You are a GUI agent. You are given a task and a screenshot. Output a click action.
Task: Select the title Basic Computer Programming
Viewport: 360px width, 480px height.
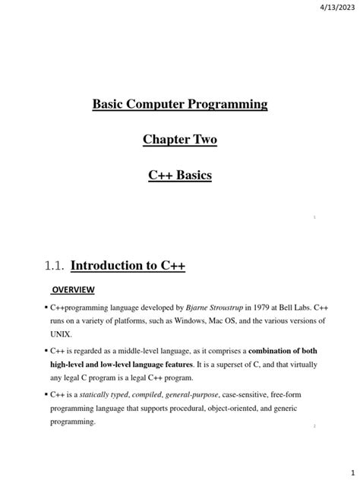coord(180,104)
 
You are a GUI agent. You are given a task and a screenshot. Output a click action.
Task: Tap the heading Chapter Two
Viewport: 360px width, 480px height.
coord(180,140)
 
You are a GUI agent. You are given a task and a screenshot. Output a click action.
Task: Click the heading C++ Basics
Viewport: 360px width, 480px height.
coord(180,175)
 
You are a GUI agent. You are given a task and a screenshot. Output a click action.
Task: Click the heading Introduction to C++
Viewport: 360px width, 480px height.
coord(128,266)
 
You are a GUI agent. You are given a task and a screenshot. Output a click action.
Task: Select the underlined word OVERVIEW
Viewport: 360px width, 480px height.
coord(73,289)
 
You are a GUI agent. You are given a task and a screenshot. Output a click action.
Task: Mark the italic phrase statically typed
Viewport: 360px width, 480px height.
coord(103,395)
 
